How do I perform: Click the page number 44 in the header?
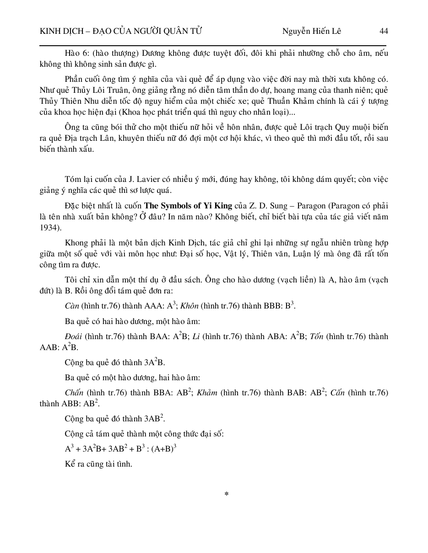point(384,31)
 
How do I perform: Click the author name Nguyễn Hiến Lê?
point(311,31)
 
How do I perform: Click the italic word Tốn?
point(317,336)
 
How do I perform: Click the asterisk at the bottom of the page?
point(226,495)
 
